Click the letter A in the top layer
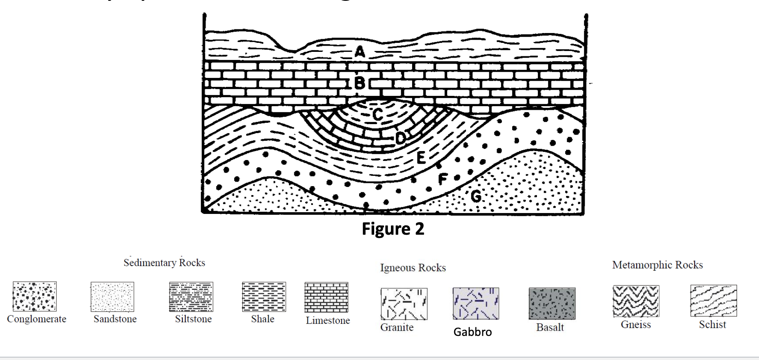tap(360, 51)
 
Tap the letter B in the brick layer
tap(360, 83)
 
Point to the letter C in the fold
tap(378, 114)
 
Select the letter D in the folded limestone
tap(401, 138)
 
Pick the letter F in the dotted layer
tap(443, 179)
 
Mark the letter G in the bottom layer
tap(476, 197)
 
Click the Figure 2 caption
tap(393, 229)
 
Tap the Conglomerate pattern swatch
tap(35, 296)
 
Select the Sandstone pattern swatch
tap(112, 297)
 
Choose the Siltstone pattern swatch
tap(191, 297)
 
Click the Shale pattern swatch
tap(264, 297)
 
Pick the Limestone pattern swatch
tap(326, 297)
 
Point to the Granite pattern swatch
tap(404, 304)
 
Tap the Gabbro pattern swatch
tap(476, 304)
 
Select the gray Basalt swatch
tap(552, 304)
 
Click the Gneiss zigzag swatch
tap(636, 301)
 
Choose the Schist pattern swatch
tap(713, 301)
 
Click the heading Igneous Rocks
tap(413, 268)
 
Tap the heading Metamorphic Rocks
tap(657, 265)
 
